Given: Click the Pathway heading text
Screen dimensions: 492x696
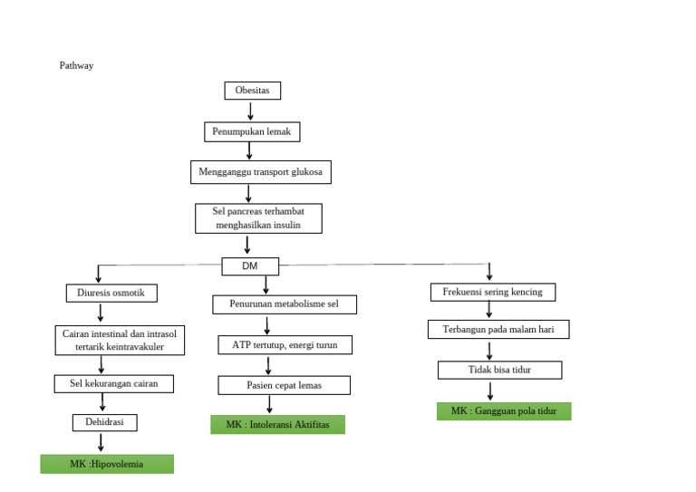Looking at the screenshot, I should coord(76,66).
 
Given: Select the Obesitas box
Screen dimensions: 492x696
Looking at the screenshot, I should coord(253,91).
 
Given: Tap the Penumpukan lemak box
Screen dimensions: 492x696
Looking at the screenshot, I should coord(251,131).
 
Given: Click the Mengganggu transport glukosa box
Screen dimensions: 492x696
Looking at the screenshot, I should coord(261,171).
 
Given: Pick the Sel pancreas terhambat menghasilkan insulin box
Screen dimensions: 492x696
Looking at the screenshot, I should coord(258,218).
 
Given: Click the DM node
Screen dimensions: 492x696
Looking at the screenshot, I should coord(250,266).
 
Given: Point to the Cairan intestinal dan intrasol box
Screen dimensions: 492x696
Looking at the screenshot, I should coord(120,340).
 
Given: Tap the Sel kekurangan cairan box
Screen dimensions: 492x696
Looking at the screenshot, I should coord(114,383).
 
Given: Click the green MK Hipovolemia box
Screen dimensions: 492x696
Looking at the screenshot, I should coord(107,464).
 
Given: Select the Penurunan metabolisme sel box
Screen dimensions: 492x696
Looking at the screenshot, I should coord(285,304).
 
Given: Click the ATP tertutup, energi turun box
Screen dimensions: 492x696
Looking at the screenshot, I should coord(285,344).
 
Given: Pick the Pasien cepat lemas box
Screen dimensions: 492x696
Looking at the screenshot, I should coord(284,385).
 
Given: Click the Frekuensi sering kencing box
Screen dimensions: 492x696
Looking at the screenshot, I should coord(492,292).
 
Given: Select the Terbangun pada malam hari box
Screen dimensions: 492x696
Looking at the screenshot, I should coord(498,330).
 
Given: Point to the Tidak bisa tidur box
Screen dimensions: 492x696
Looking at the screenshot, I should coord(499,370).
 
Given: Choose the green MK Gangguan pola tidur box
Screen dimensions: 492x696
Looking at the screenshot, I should coord(504,411).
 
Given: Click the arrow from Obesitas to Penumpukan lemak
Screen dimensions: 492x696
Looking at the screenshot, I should coord(250,111).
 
